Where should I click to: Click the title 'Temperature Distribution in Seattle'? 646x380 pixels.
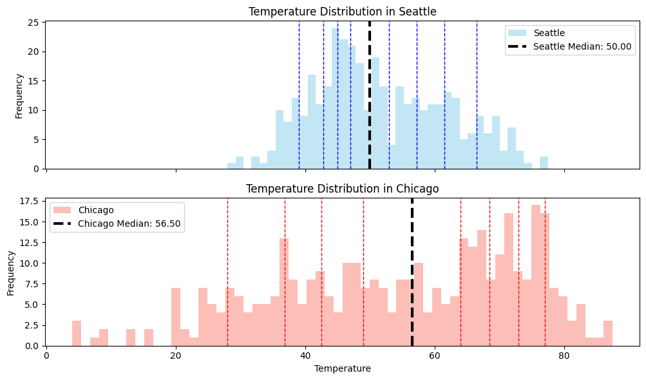pos(342,12)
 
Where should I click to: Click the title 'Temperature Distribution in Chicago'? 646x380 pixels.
pos(342,189)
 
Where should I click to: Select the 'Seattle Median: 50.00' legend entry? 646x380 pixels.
pos(583,47)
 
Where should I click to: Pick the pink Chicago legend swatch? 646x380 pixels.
pos(63,210)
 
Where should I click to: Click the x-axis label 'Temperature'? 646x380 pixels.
pos(342,368)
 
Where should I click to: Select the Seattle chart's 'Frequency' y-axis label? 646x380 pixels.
pos(19,95)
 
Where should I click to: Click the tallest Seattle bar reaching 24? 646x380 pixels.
pos(335,97)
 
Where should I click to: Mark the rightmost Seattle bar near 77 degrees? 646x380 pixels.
pos(544,162)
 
